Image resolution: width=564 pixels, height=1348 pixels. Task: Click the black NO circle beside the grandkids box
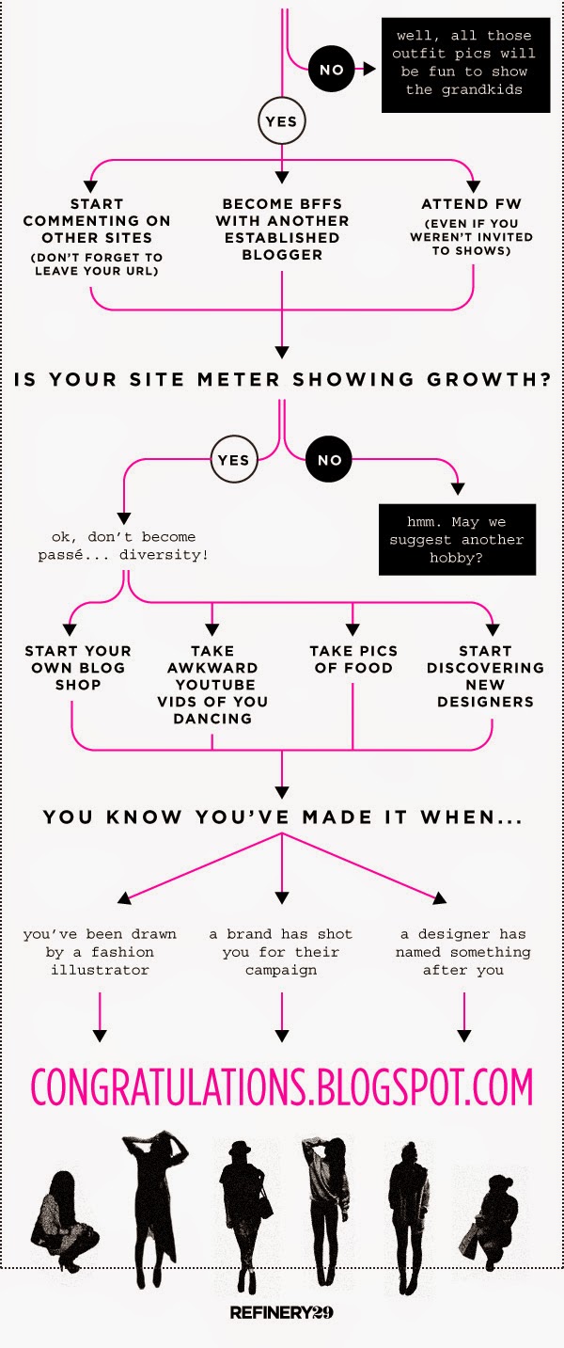tap(331, 70)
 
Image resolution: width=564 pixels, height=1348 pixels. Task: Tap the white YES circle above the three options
tap(281, 121)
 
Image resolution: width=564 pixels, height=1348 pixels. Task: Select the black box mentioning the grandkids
tap(466, 64)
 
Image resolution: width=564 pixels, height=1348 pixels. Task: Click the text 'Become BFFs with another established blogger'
tap(282, 230)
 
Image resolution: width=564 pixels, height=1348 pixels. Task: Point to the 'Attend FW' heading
tap(471, 204)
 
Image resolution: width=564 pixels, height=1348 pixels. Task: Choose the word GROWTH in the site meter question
tap(489, 380)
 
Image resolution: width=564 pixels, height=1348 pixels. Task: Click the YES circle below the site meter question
tap(234, 460)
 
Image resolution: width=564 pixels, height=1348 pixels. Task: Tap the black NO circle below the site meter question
tap(330, 460)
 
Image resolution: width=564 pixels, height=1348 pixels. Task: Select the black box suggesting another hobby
tap(457, 540)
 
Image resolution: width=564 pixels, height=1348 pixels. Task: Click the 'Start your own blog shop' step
tap(78, 668)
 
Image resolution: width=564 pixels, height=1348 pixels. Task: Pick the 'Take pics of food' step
tap(353, 659)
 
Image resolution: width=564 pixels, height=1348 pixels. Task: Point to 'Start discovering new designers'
tap(485, 676)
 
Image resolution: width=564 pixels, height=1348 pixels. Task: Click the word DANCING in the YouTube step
tap(212, 719)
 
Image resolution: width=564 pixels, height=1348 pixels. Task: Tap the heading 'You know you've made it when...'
tap(283, 817)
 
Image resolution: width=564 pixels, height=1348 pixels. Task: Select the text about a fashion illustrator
tap(100, 952)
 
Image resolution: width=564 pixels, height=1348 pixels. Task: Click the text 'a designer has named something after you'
tap(463, 952)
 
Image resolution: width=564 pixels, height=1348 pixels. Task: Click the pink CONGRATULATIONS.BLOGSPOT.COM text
tap(282, 1087)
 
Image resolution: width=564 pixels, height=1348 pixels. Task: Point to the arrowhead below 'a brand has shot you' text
tap(281, 1036)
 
